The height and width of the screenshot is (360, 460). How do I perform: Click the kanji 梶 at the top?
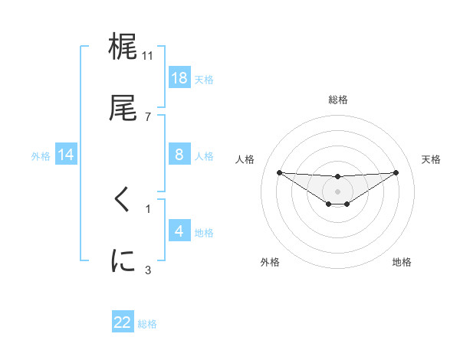(x=123, y=48)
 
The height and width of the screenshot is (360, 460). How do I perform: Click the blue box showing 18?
(x=179, y=77)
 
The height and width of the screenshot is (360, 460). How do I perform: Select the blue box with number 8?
(x=179, y=155)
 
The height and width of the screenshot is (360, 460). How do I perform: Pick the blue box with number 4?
(x=179, y=231)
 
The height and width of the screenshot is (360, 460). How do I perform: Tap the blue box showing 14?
(x=66, y=155)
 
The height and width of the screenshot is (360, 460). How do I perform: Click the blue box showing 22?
(x=123, y=322)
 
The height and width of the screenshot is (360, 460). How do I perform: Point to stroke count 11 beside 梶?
(x=148, y=55)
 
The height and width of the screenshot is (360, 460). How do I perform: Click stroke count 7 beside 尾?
(x=148, y=117)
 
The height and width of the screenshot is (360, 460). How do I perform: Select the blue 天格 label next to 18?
(x=203, y=79)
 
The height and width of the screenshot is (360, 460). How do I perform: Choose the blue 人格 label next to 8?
(x=203, y=156)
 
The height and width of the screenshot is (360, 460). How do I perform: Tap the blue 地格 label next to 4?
(x=203, y=232)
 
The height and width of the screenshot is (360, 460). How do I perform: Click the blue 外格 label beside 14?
(x=41, y=156)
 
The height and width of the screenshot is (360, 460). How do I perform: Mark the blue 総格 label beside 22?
(x=147, y=324)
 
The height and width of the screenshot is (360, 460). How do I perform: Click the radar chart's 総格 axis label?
(x=337, y=100)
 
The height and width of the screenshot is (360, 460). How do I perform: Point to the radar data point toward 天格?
(x=396, y=172)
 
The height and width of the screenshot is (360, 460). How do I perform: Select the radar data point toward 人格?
(x=279, y=172)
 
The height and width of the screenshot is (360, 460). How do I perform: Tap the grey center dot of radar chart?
(x=337, y=191)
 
